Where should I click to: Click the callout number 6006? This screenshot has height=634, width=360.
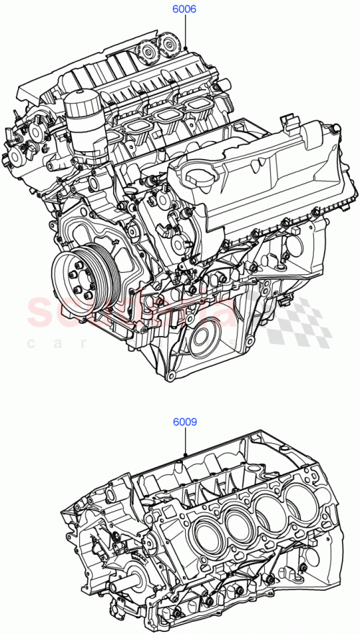click(x=184, y=10)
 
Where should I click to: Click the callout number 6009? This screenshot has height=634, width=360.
click(x=184, y=423)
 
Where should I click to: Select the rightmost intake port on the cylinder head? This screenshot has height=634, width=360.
click(x=198, y=109)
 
